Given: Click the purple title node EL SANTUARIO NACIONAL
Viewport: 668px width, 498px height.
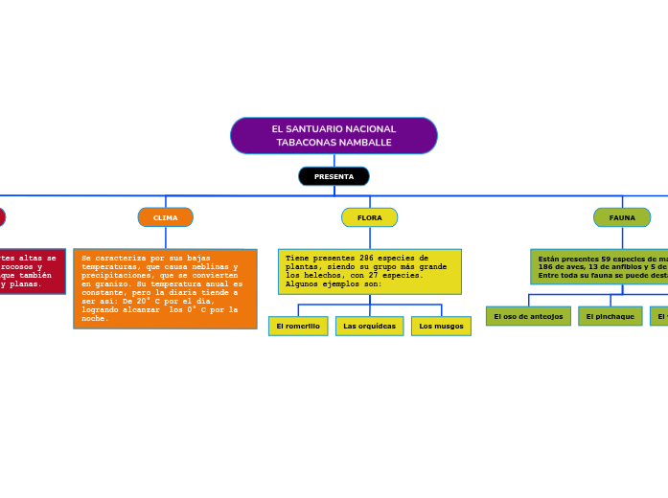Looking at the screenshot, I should tap(334, 135).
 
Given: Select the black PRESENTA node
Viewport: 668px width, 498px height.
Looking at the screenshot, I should tap(334, 176).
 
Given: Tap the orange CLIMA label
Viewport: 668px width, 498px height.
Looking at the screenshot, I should tap(166, 217).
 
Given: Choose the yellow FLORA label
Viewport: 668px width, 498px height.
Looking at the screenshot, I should tap(369, 217).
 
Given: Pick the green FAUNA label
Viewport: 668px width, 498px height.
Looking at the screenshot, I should tap(622, 217).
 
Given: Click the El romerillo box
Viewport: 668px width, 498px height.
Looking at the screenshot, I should tap(298, 326).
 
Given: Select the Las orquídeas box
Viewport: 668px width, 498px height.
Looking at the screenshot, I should tap(369, 326).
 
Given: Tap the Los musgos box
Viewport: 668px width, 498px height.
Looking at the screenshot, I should tap(441, 326).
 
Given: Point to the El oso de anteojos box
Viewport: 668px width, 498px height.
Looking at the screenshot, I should tap(528, 316).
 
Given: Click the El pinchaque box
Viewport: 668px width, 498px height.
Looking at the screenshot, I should tap(610, 316).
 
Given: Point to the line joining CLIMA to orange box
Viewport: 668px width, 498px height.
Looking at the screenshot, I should tap(166, 238).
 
